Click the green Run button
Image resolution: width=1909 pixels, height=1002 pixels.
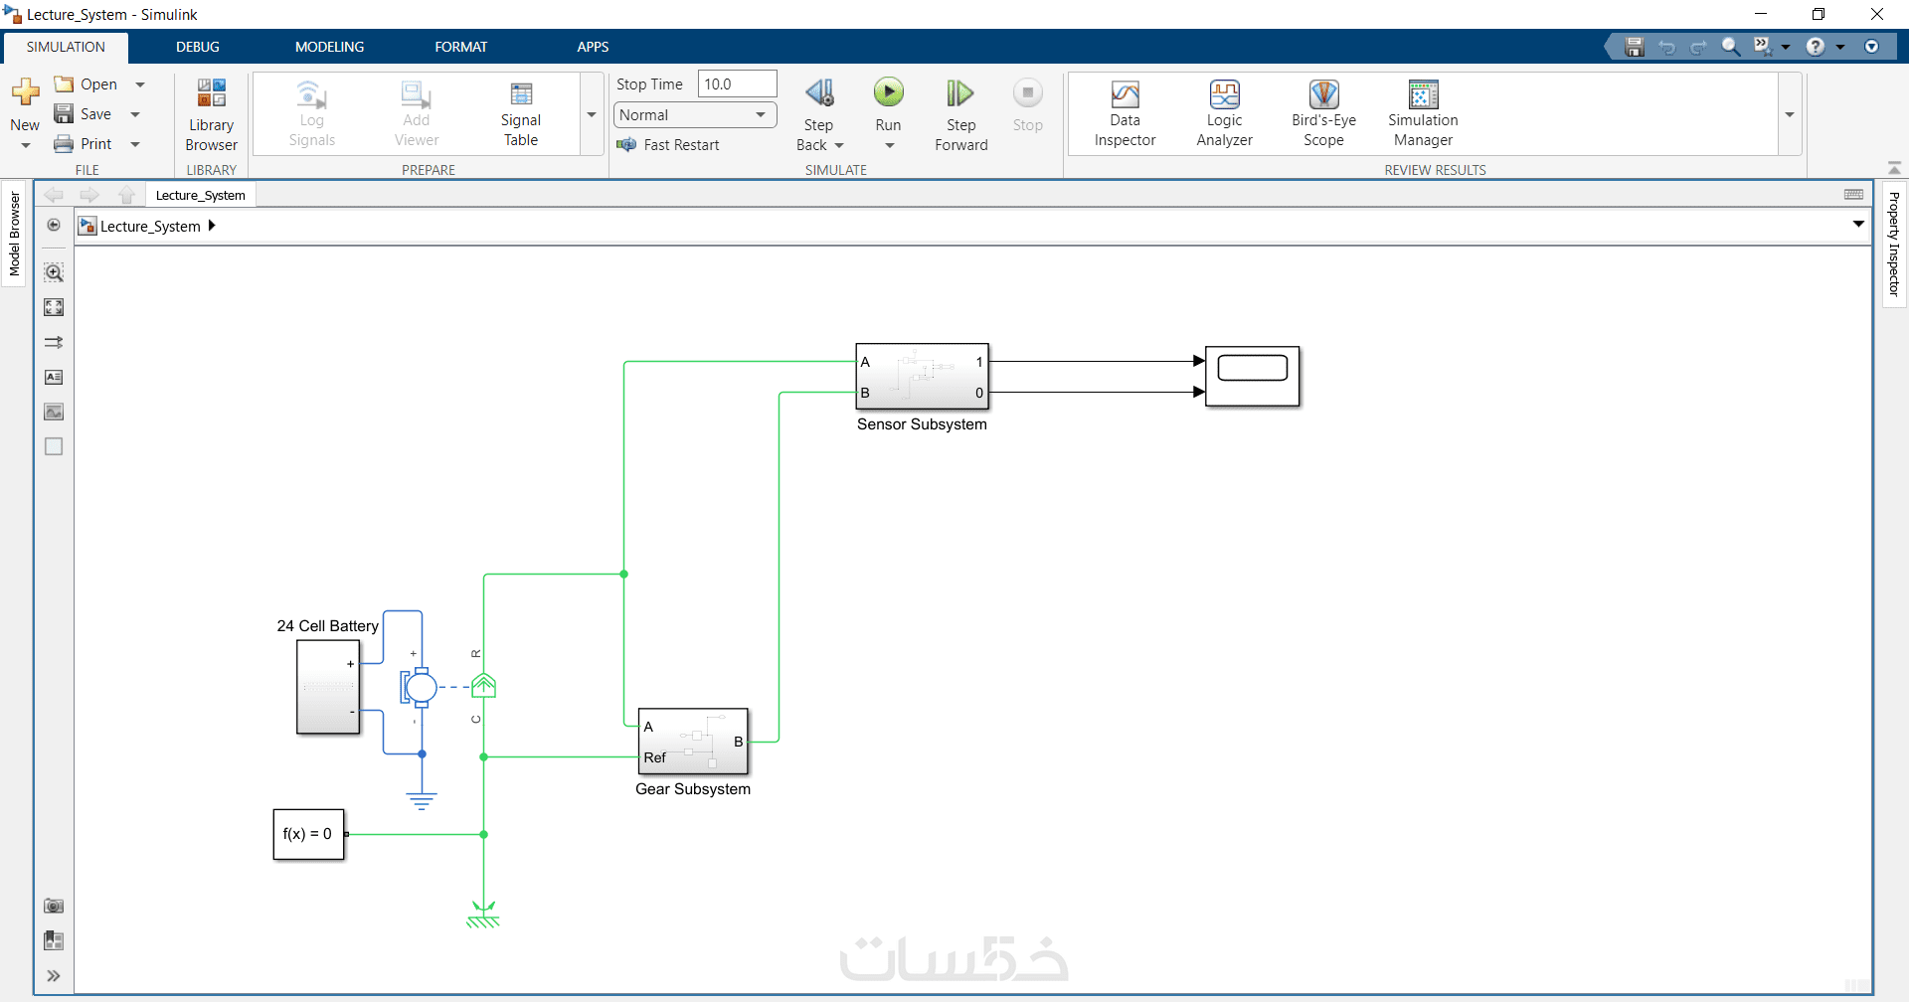(x=888, y=93)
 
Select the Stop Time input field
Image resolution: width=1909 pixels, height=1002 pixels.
(x=737, y=84)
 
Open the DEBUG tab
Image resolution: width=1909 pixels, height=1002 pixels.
(x=198, y=47)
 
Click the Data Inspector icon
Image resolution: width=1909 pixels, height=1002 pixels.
(x=1125, y=95)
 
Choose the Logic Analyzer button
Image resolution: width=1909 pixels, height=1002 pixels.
(x=1224, y=95)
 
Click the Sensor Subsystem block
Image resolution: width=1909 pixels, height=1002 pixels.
(x=922, y=377)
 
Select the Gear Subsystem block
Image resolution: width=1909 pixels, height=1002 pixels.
(x=693, y=742)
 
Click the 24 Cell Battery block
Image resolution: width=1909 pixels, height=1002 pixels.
(x=328, y=687)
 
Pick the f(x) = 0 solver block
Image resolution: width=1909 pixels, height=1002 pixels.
(x=308, y=834)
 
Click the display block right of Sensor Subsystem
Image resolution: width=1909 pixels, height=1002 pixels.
(x=1252, y=376)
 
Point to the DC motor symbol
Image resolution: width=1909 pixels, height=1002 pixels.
(x=420, y=687)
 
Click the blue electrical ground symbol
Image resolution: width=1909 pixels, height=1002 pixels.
(x=422, y=800)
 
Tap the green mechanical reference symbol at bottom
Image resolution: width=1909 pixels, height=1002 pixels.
(x=483, y=916)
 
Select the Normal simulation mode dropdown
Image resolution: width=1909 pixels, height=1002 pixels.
(x=694, y=115)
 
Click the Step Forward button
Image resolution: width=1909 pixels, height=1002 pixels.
(x=960, y=94)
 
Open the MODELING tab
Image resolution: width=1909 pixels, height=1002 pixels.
(x=329, y=47)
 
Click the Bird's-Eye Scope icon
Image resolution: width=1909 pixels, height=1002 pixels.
(x=1323, y=95)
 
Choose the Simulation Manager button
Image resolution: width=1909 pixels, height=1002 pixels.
(x=1423, y=95)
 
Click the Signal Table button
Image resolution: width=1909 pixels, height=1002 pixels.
(x=521, y=95)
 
